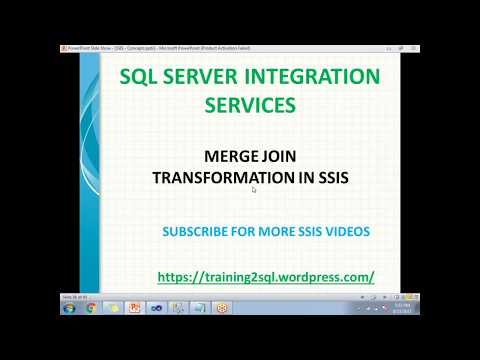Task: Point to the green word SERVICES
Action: click(250, 103)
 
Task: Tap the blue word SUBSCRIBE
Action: click(195, 232)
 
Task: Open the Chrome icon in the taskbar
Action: click(90, 308)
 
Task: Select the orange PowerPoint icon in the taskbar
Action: click(135, 308)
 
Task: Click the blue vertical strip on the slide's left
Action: click(88, 170)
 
